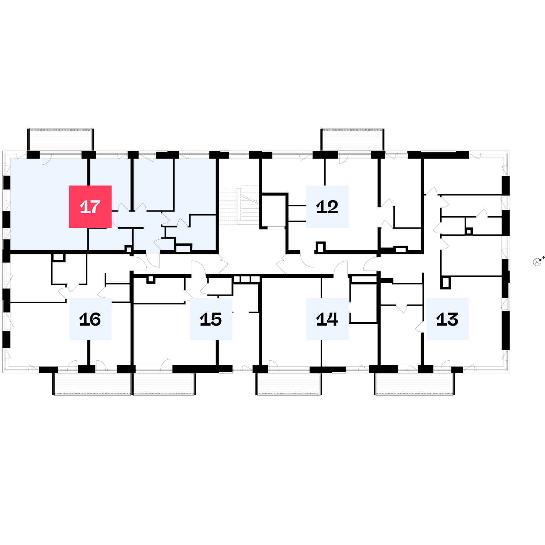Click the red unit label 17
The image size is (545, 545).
tap(90, 206)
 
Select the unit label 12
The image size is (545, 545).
tap(327, 206)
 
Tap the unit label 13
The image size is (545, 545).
tap(447, 319)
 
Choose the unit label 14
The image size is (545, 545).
tap(327, 319)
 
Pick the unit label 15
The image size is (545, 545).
tap(211, 319)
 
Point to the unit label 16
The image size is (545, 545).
tap(90, 319)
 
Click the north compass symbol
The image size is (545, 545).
tap(537, 262)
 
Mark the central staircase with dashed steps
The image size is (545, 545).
tap(239, 205)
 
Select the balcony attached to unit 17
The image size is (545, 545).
tap(60, 140)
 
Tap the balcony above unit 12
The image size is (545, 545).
tap(353, 140)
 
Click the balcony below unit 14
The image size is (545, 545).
tap(289, 384)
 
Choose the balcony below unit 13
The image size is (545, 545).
tap(415, 384)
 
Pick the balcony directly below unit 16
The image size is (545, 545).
tap(92, 384)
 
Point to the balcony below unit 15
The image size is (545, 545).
tap(164, 384)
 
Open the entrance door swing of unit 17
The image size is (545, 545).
tap(153, 261)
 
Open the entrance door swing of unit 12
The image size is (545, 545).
tap(307, 261)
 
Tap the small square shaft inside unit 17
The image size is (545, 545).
tap(129, 249)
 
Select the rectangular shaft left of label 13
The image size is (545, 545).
tap(445, 283)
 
